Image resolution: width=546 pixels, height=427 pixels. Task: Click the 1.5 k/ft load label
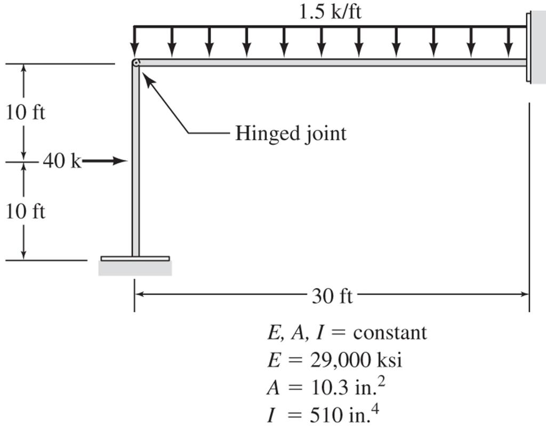point(330,12)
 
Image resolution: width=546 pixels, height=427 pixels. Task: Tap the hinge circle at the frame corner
point(136,63)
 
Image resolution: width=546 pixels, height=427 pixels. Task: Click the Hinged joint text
point(291,133)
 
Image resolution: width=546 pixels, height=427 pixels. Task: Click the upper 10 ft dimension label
point(26,113)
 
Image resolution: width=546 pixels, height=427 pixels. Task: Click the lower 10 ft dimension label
point(26,211)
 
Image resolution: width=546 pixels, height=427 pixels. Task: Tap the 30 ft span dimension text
point(332,295)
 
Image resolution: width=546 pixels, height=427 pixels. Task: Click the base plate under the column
point(135,258)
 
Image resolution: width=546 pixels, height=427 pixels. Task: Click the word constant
point(390,333)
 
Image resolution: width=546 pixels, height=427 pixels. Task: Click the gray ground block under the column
point(135,268)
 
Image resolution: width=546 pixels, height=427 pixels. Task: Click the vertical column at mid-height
point(135,160)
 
